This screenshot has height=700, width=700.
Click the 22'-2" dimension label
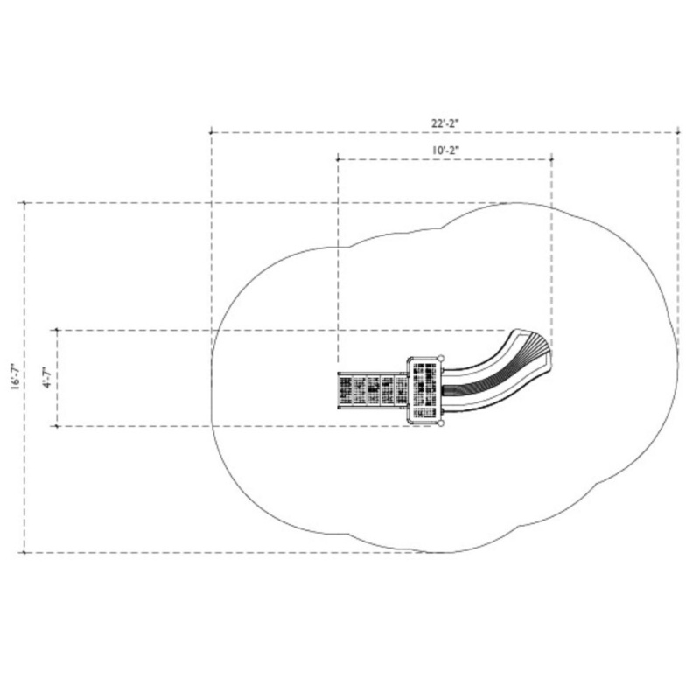[x=444, y=123]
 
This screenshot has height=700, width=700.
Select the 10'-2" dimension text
[x=444, y=150]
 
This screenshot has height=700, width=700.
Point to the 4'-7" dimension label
[x=47, y=378]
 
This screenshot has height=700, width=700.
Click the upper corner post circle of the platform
[x=441, y=358]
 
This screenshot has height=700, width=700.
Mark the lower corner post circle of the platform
[x=441, y=423]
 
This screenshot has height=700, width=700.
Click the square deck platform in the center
[x=424, y=390]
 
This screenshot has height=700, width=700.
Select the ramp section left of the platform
[x=373, y=390]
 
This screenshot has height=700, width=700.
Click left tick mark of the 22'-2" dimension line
[x=211, y=132]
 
